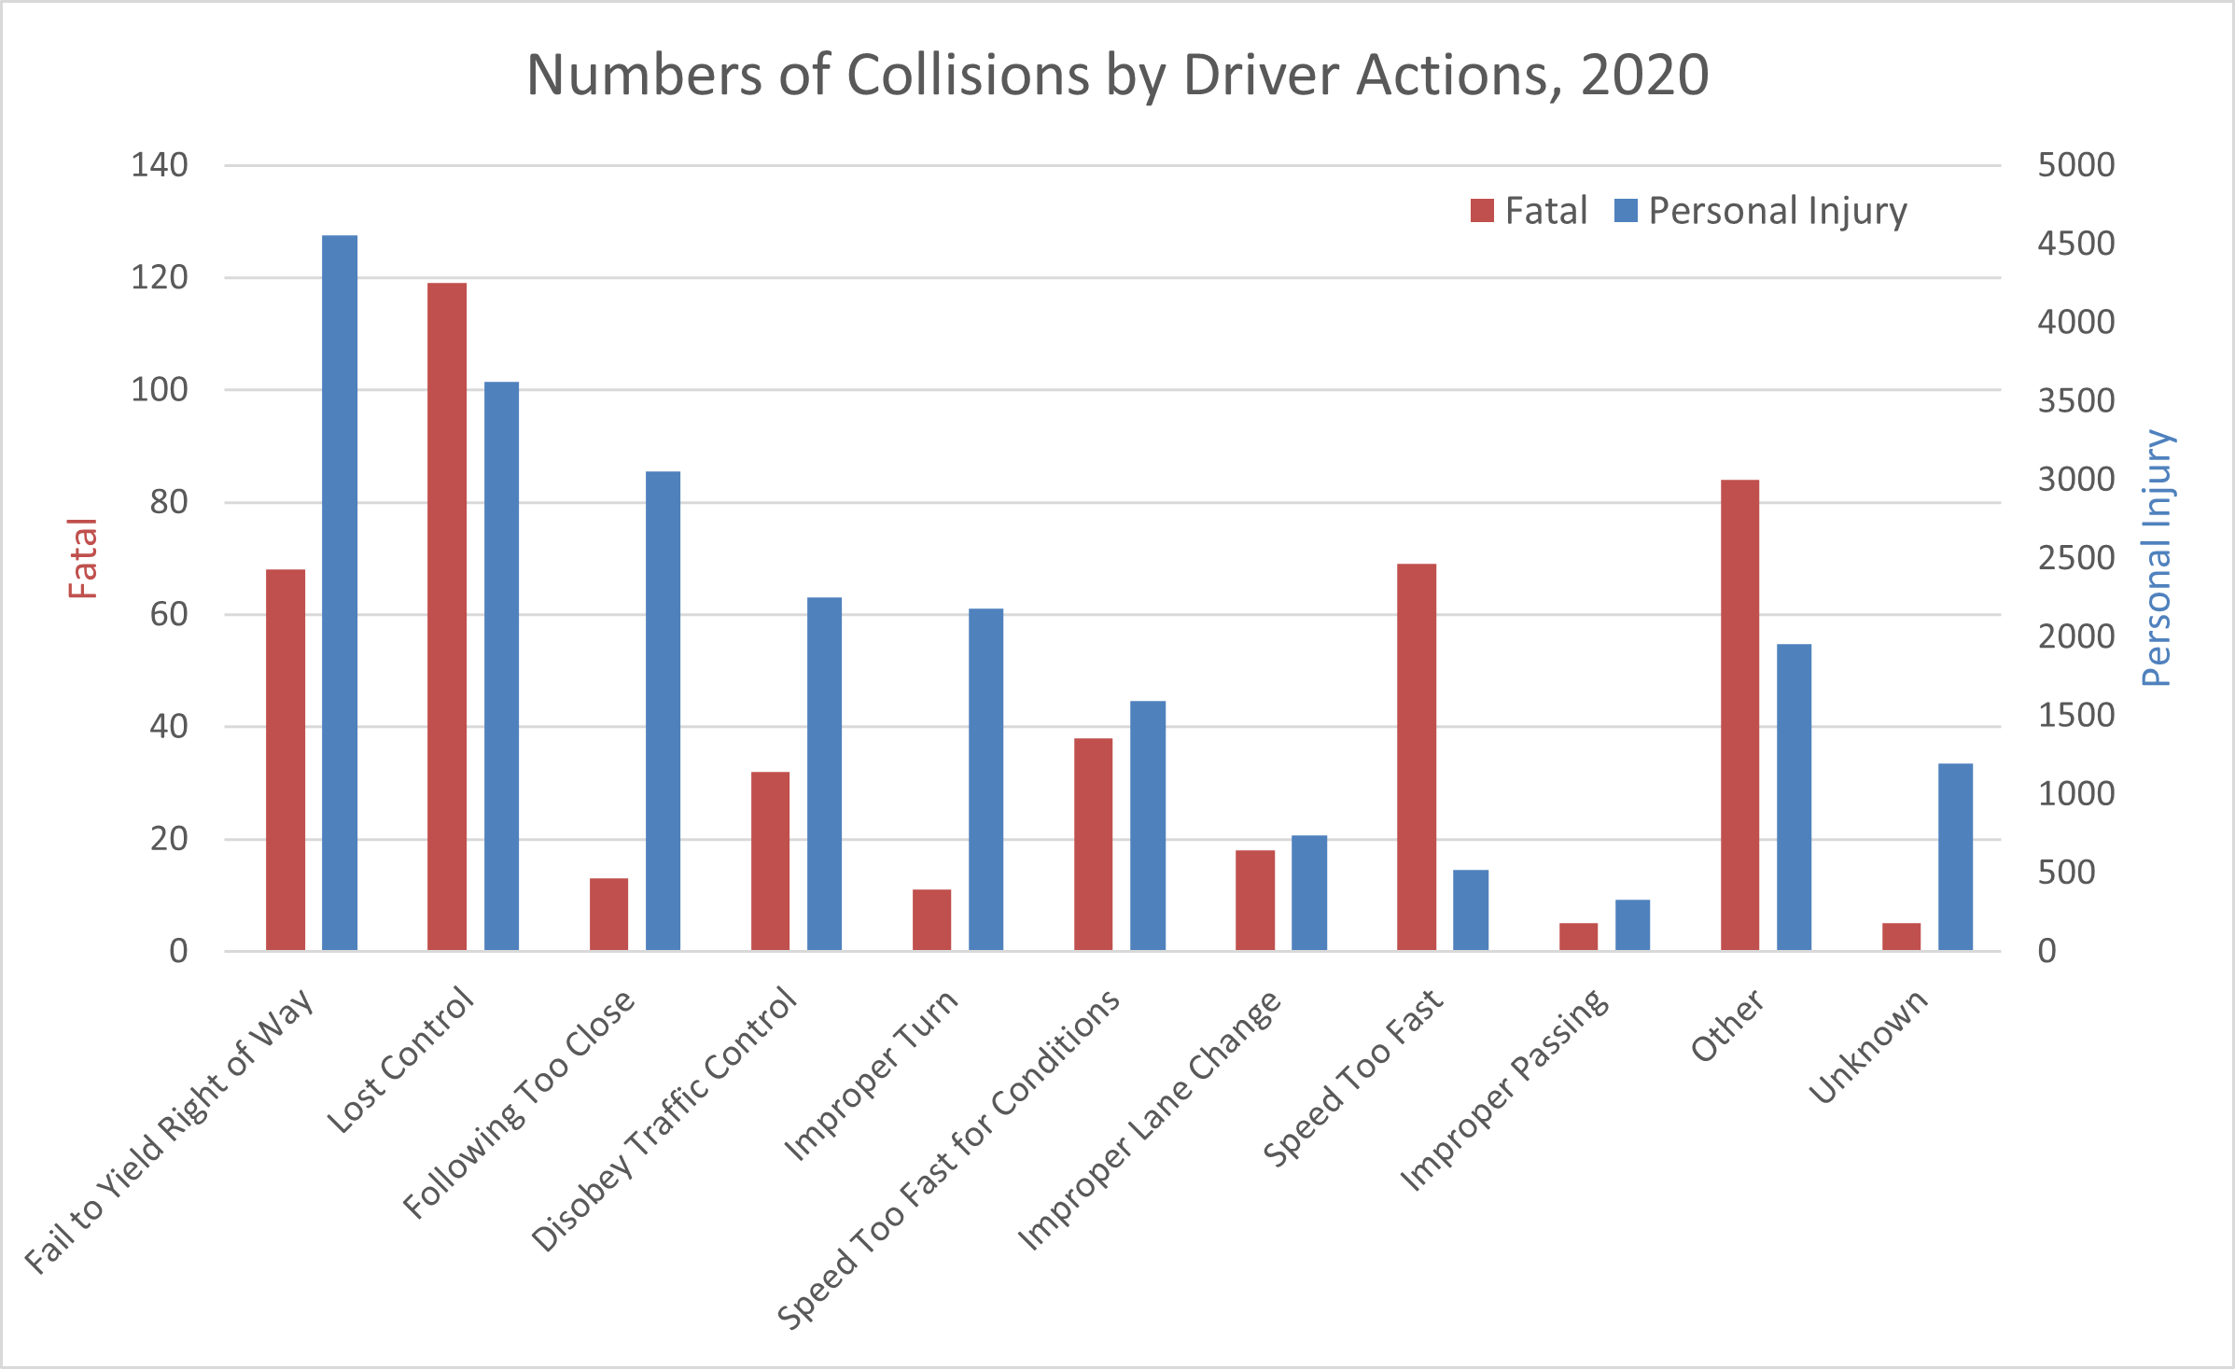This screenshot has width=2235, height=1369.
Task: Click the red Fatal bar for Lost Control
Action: click(x=447, y=616)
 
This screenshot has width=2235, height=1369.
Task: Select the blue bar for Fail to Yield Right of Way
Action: click(x=340, y=593)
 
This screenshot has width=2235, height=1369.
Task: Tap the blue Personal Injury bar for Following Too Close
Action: click(x=663, y=710)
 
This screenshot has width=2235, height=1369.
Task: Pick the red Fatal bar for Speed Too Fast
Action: click(x=1417, y=757)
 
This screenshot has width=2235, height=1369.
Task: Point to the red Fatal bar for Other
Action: click(x=1739, y=715)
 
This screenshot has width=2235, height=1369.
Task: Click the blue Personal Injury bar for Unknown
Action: click(x=1955, y=857)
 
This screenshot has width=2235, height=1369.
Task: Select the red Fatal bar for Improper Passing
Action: click(x=1578, y=936)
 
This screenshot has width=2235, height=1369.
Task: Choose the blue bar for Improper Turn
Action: click(x=985, y=779)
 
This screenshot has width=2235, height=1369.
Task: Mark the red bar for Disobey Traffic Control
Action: click(x=770, y=860)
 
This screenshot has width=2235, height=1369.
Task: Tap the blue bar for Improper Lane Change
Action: click(x=1309, y=892)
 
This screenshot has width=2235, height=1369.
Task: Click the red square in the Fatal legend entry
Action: click(x=1482, y=211)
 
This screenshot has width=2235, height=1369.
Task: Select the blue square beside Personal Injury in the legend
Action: click(x=1626, y=211)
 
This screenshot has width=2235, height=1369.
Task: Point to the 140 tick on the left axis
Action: click(x=160, y=165)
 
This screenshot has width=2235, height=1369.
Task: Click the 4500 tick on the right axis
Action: click(x=2076, y=244)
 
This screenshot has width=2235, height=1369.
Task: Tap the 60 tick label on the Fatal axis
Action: click(x=169, y=614)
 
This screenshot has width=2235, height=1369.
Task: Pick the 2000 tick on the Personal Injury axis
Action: click(x=2076, y=636)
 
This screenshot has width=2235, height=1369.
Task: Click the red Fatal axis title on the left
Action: click(x=83, y=558)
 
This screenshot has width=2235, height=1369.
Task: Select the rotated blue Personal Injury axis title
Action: click(x=2157, y=558)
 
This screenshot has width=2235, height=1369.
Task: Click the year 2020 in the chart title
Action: click(x=1644, y=75)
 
